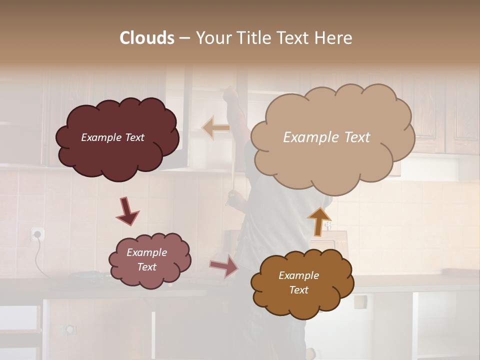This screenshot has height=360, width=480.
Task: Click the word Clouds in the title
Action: tap(147, 38)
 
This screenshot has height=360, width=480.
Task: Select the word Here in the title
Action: tap(334, 38)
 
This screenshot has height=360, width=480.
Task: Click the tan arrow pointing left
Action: tap(216, 128)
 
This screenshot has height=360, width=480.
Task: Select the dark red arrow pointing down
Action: tap(127, 211)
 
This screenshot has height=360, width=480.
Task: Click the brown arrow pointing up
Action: tap(318, 221)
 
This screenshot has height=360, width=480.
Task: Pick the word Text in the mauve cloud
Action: tap(147, 267)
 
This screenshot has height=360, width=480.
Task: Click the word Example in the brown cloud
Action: tap(298, 275)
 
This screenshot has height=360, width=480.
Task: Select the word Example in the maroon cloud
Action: tap(101, 137)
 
